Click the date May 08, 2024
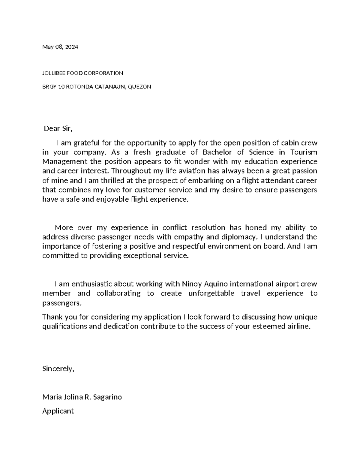[x=60, y=47]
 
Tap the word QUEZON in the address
[x=139, y=87]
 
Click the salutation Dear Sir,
[x=58, y=129]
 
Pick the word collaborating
[x=118, y=293]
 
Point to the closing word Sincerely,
[x=58, y=369]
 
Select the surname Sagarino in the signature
[x=107, y=397]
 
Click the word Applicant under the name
[x=58, y=411]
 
